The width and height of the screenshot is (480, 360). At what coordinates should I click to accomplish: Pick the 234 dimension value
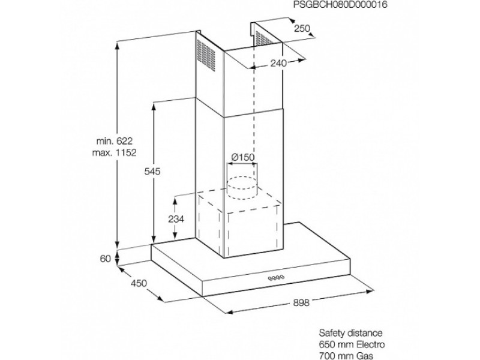(176, 219)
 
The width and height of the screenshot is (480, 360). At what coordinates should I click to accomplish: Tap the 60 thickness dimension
(106, 259)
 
